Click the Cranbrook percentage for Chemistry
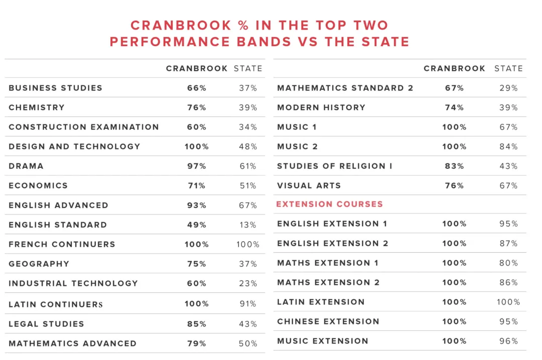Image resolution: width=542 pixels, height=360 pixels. coord(197,107)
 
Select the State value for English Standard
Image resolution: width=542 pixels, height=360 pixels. coord(248,225)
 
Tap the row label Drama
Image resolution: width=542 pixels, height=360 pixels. coord(26,166)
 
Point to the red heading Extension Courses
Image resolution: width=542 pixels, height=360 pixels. coord(329,204)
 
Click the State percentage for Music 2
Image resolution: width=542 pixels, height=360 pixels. coord(508,146)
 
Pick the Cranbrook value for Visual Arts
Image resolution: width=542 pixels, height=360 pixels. coord(454,186)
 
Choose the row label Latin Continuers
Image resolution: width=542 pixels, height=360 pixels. coord(55,304)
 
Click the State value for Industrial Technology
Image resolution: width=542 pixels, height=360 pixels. coord(248,283)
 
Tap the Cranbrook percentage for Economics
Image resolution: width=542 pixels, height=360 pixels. coord(197,186)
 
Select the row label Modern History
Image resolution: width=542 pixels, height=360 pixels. coord(321,107)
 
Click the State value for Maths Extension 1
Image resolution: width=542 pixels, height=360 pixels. coord(508,263)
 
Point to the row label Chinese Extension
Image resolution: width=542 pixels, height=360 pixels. coord(328,321)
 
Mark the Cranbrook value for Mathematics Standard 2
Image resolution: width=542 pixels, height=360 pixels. coord(454,88)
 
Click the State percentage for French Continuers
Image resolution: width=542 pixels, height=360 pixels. coord(248,244)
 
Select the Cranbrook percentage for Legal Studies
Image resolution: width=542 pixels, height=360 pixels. coord(197,324)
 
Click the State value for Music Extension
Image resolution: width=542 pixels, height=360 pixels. coord(508,341)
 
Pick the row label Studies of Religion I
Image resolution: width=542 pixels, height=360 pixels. coord(335,166)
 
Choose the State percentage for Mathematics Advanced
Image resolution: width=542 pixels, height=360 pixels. coord(248,343)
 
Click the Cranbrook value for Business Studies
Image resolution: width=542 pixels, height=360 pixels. coord(197,88)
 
